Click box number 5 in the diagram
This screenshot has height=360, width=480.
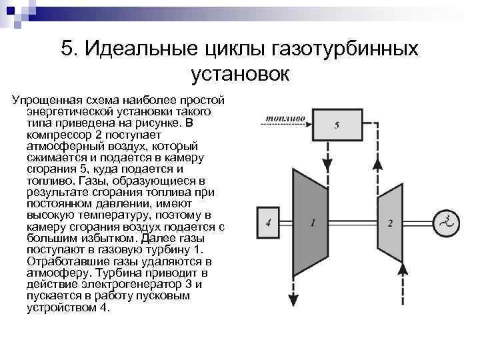coord(337,124)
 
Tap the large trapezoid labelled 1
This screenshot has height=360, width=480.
coord(312,223)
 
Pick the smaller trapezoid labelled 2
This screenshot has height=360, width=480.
coord(390,223)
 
